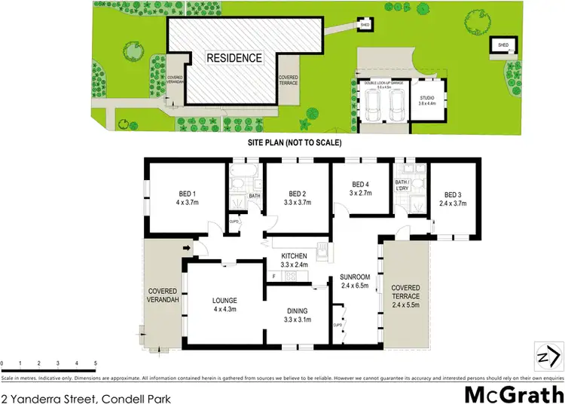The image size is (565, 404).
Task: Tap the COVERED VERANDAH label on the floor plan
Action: (162, 295)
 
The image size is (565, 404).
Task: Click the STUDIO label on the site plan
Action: (427, 98)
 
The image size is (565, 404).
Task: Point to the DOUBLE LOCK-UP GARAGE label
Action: (383, 84)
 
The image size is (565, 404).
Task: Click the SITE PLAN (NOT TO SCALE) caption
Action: (295, 142)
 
